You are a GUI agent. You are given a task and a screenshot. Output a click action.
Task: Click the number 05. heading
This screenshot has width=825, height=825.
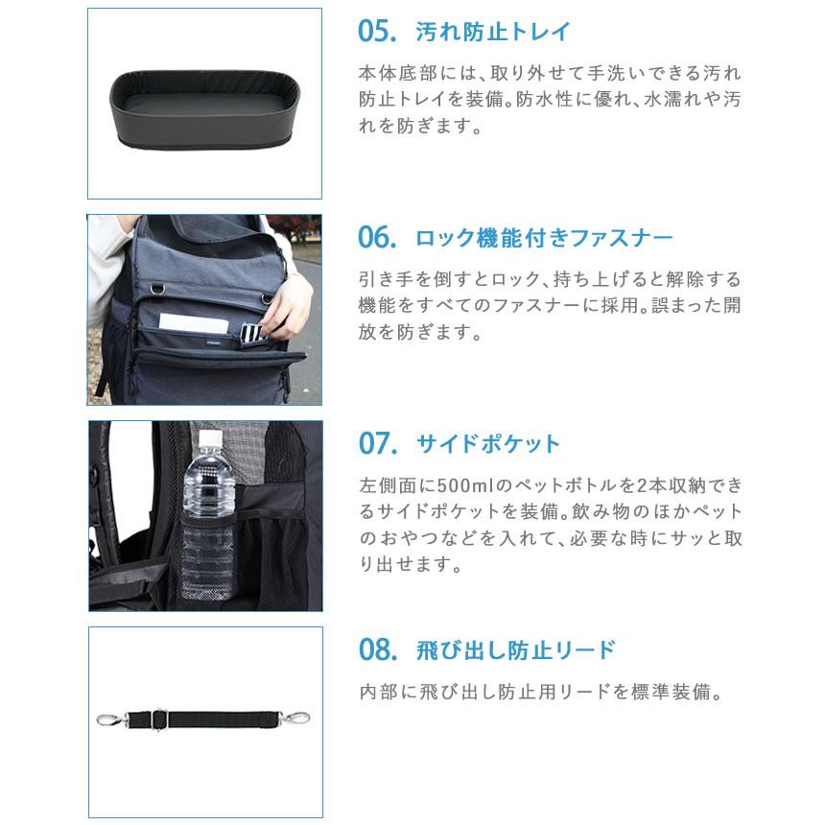377,32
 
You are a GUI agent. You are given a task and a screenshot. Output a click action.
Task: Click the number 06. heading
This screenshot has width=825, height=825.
377,237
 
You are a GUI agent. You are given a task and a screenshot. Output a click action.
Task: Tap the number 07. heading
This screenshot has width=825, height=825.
377,444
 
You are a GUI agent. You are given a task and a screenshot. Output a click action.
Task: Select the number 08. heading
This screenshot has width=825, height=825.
377,650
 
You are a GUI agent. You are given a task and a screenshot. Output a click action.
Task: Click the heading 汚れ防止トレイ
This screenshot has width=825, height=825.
493,32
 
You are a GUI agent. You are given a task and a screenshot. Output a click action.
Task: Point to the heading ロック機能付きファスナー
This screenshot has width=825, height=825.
544,237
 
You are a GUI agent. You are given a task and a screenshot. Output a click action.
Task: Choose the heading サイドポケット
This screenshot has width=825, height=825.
487,444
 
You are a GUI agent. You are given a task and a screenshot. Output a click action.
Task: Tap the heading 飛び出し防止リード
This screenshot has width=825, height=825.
515,650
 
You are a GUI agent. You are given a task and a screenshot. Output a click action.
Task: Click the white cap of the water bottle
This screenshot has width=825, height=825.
209,439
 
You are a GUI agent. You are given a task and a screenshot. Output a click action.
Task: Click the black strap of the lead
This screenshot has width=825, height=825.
221,717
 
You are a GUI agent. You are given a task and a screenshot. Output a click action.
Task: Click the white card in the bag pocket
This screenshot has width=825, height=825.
191,323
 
